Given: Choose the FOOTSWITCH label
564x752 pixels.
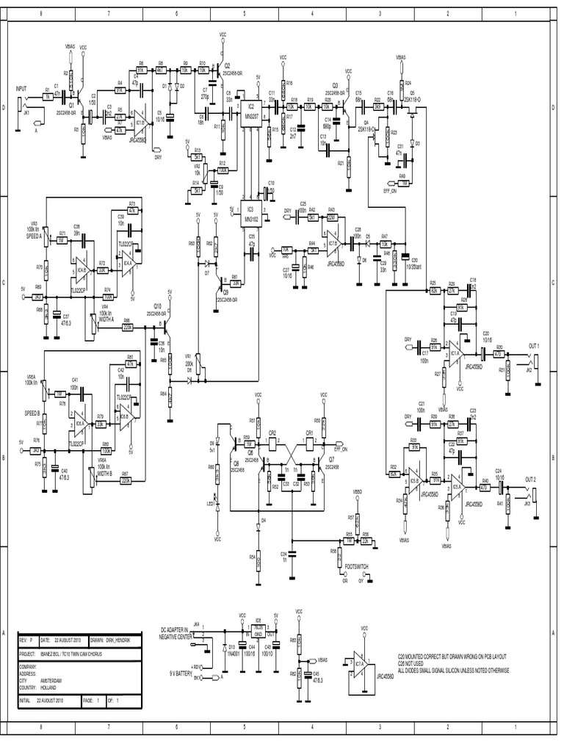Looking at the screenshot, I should (356, 568).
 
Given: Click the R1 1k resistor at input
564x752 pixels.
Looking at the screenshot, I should (48, 96).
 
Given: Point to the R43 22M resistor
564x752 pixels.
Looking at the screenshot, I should (331, 217).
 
